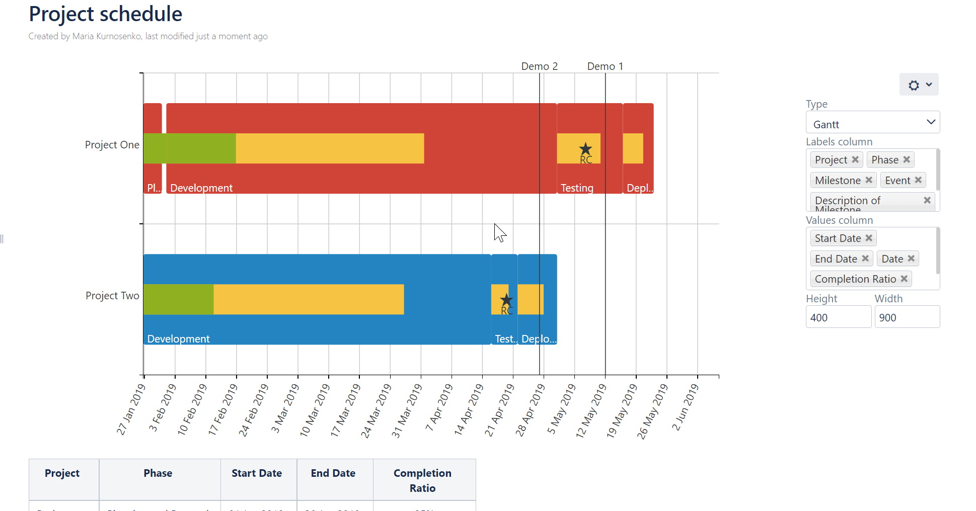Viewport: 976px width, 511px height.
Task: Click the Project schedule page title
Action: [x=105, y=14]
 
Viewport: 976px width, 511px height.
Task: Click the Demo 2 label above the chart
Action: [x=539, y=66]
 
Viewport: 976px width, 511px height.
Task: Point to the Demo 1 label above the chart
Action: [x=605, y=66]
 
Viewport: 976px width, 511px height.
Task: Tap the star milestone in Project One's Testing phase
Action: [x=585, y=149]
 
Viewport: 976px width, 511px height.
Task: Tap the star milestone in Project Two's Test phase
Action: [x=506, y=300]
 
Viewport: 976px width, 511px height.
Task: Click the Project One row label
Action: [x=112, y=145]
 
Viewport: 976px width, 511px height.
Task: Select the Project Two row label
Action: [x=112, y=296]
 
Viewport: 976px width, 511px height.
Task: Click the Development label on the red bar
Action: [x=201, y=188]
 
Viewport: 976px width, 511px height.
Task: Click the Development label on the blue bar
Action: [x=178, y=339]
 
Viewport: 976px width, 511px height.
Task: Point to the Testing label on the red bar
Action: [x=577, y=188]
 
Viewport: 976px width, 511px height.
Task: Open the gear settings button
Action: [x=919, y=85]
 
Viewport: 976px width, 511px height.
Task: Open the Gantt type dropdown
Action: [x=872, y=123]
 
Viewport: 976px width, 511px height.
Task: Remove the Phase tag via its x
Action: [x=907, y=159]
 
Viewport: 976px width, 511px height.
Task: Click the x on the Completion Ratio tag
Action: [x=904, y=279]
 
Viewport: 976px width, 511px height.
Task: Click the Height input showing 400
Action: [x=838, y=317]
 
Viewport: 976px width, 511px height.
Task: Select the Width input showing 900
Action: [x=907, y=317]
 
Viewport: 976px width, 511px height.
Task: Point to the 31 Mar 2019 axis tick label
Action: [x=407, y=410]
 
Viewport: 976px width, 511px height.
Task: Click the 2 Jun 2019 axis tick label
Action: [x=686, y=407]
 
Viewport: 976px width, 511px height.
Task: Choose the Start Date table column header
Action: [x=257, y=473]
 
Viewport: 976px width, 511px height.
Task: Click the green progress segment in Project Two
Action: [x=178, y=299]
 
